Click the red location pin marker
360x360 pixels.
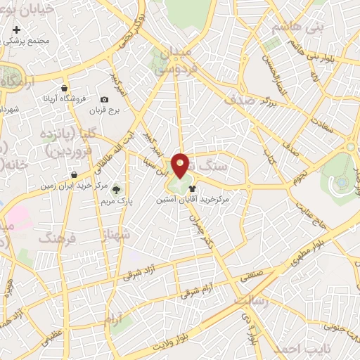coord(181,165)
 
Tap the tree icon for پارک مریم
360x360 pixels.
coord(117,188)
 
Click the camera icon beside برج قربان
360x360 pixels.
coord(105,101)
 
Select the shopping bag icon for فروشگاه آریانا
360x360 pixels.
coord(64,89)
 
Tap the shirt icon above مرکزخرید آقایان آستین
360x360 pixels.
coord(193,188)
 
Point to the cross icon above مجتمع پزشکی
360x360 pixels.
coord(16,30)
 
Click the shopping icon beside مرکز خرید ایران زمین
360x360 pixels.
coord(74,175)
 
